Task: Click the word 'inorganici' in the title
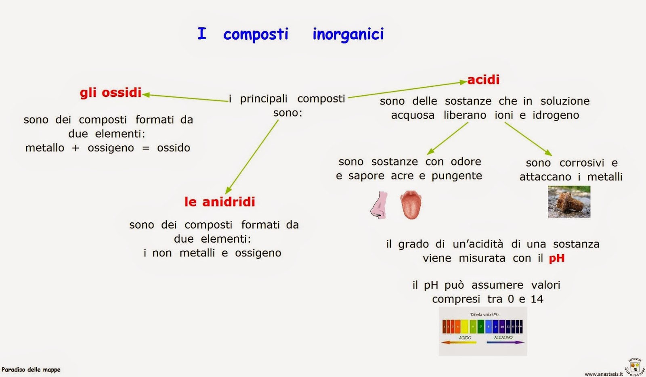(x=348, y=34)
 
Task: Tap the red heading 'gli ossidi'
(x=111, y=92)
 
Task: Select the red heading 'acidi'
(x=483, y=80)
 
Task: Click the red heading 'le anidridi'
(x=220, y=201)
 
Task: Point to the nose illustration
(x=379, y=205)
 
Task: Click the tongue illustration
(x=411, y=205)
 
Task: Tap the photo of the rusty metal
(x=569, y=201)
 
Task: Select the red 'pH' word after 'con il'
(x=557, y=258)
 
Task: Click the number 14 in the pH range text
(x=537, y=299)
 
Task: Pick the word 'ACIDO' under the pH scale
(x=465, y=337)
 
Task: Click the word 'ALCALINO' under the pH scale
(x=503, y=337)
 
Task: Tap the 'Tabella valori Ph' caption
(x=484, y=314)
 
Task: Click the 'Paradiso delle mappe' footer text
(x=31, y=369)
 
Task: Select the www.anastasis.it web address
(x=604, y=374)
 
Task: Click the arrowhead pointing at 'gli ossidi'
(x=146, y=95)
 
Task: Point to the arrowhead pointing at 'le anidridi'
(x=228, y=191)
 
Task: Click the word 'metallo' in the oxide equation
(x=44, y=148)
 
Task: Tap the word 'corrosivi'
(x=582, y=163)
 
